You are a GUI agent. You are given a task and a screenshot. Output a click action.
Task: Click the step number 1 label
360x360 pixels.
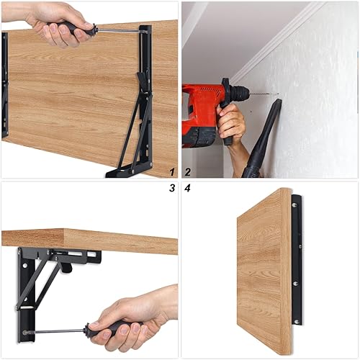[x=172, y=172]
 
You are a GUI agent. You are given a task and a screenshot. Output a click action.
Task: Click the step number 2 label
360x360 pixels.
[x=188, y=172]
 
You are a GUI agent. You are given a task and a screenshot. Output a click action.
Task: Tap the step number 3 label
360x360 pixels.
[x=172, y=188]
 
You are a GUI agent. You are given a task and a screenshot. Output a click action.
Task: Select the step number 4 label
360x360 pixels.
[x=187, y=188]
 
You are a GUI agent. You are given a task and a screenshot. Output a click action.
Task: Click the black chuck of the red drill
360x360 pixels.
[x=240, y=91]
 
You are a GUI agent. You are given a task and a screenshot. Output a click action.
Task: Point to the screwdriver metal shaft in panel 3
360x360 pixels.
[x=55, y=332]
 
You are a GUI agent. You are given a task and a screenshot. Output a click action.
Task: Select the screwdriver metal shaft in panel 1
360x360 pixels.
[x=120, y=31]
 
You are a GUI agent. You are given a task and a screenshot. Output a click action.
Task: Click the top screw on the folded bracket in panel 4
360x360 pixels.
[x=294, y=205]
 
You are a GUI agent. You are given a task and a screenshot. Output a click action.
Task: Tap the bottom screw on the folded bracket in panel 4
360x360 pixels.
[x=297, y=321]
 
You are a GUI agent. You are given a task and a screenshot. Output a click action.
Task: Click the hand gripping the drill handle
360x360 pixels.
[x=231, y=121]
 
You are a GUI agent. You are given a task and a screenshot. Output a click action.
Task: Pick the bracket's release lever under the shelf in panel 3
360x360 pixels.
[x=66, y=267]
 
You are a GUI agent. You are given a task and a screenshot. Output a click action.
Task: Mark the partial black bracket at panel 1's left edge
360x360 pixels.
[x=5, y=85]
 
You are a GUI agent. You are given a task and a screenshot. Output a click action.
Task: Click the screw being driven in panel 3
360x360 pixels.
[x=24, y=333]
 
